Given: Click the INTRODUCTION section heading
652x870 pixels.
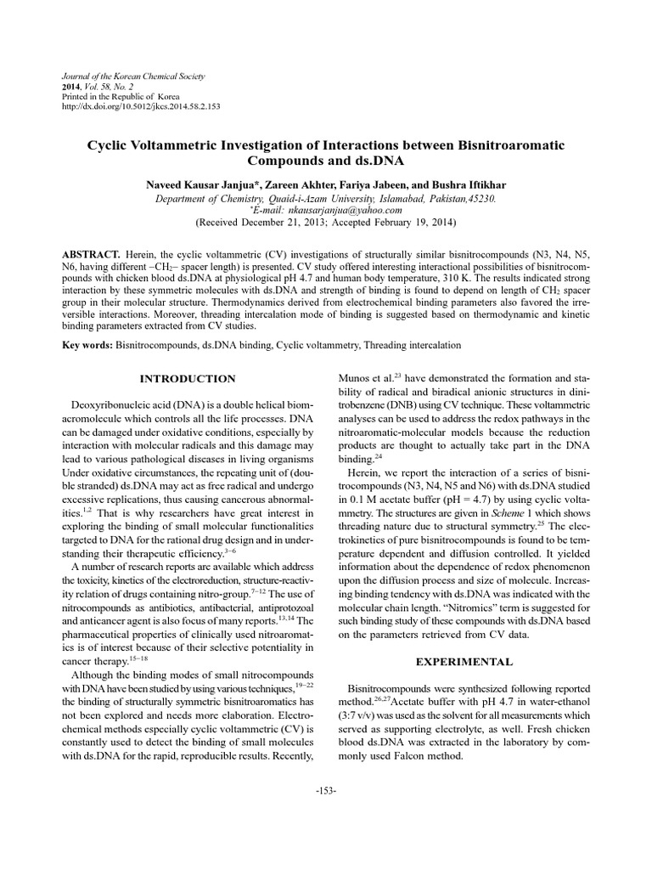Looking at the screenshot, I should (x=188, y=378).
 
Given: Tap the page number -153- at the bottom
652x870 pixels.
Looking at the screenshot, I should (x=326, y=791).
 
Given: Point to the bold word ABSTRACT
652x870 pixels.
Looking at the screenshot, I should (x=91, y=255).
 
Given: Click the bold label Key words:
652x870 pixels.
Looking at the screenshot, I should (x=90, y=346).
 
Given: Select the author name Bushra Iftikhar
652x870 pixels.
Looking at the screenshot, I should (x=469, y=184).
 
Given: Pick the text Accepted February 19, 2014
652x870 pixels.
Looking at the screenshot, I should (x=387, y=223).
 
